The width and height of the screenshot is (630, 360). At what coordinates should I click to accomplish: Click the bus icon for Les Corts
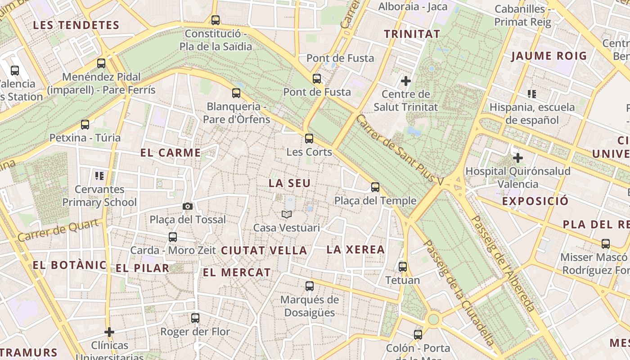coord(309,138)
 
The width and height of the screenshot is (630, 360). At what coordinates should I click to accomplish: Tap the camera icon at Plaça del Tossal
coord(188,206)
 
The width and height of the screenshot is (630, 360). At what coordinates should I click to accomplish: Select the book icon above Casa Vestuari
coord(287,214)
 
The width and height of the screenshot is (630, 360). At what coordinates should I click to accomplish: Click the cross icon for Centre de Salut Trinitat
coord(405,81)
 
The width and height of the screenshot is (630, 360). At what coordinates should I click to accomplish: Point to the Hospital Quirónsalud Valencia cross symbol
coord(518,158)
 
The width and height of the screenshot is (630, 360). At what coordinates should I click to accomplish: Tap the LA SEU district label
coord(290,184)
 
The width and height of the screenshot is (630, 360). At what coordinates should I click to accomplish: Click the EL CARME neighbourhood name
coord(171,153)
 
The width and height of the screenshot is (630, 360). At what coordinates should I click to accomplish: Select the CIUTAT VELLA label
coord(264,251)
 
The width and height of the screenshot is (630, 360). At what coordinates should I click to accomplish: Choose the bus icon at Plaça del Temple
coord(375,187)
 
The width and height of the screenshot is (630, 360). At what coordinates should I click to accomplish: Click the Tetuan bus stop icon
coord(403,266)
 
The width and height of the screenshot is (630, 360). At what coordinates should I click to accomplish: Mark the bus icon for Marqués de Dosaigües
coord(309,286)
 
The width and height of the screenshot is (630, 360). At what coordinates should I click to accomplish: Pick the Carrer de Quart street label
coord(58,230)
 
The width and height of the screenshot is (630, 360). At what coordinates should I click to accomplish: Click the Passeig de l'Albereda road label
coord(503,264)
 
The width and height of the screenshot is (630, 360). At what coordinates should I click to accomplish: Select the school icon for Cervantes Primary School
coord(99,175)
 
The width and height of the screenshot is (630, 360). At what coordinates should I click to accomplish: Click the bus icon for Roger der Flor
coord(195,318)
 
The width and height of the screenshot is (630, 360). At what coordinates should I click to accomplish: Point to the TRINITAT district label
coord(412,34)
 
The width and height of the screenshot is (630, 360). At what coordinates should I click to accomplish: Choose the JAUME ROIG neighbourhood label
coord(549,56)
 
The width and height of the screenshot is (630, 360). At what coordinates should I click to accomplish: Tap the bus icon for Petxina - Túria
coord(85,125)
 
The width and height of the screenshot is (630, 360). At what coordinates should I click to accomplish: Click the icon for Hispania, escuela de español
coord(532,94)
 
